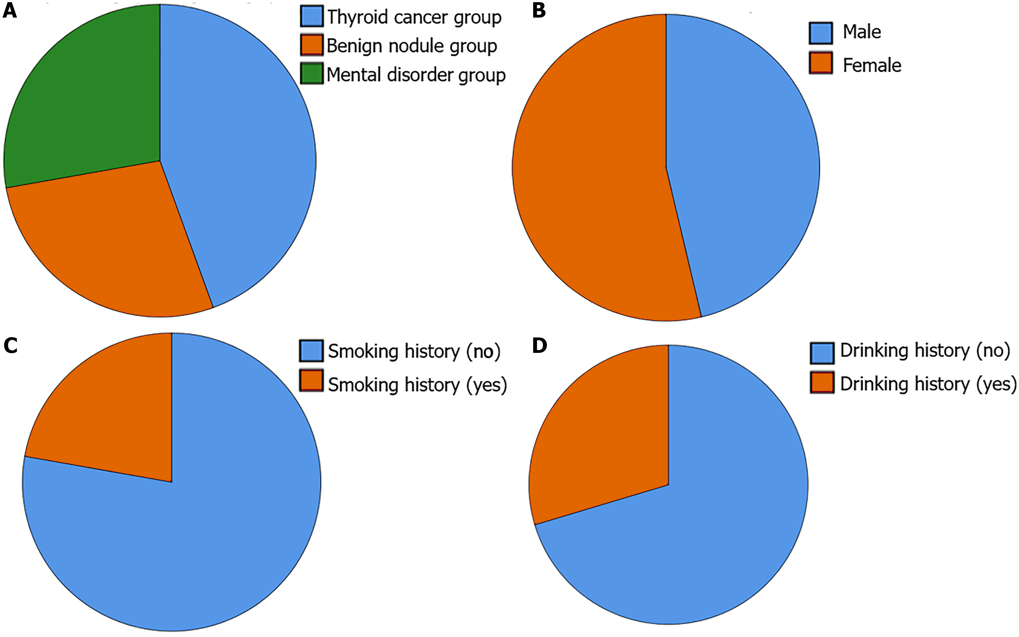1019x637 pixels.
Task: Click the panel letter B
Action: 539,11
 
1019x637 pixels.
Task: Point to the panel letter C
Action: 10,345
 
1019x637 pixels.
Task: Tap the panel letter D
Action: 539,345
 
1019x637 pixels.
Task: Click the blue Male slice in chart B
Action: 741,169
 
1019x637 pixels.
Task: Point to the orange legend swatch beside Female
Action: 821,63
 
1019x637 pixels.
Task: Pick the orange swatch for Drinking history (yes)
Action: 822,383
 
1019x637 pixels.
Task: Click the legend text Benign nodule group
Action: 412,46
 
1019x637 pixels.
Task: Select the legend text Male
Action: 862,32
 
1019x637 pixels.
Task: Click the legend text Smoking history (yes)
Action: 417,385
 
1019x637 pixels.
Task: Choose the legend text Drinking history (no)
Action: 925,350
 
